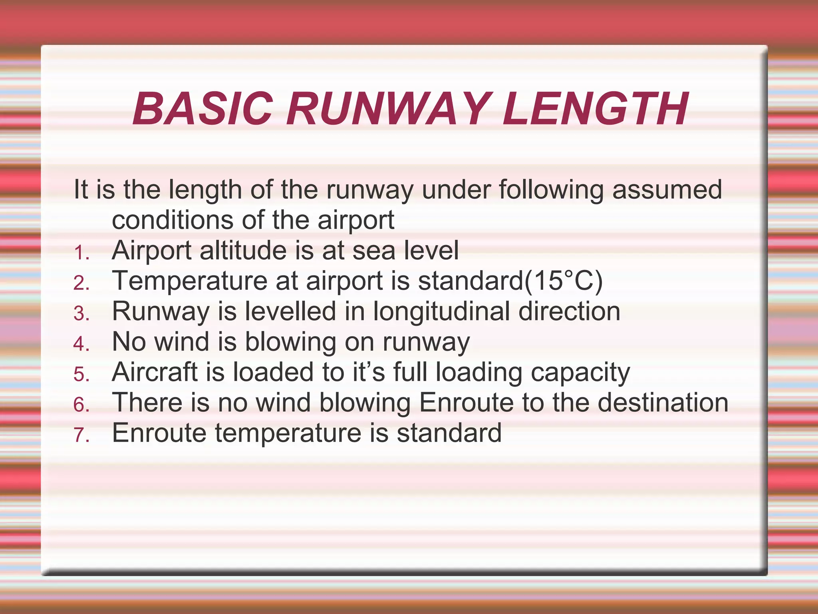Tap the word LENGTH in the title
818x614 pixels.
coord(595,109)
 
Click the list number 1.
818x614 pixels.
coord(81,253)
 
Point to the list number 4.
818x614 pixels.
coord(81,344)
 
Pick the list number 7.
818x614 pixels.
coord(81,435)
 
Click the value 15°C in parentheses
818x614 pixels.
coord(563,281)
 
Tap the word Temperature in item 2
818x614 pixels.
coord(190,281)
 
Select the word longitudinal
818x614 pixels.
coord(441,312)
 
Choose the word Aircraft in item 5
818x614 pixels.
coord(155,372)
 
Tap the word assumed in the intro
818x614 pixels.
coord(667,189)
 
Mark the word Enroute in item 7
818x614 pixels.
coord(159,433)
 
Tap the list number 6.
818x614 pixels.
coord(81,405)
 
